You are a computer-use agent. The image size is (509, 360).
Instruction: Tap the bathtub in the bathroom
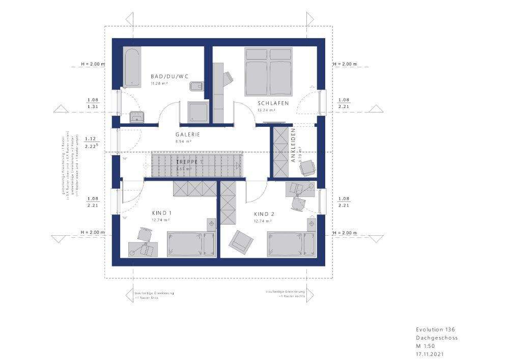pyautogui.click(x=132, y=67)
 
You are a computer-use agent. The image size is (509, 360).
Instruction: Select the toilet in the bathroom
pyautogui.click(x=194, y=86)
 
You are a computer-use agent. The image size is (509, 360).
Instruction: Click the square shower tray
pyautogui.click(x=197, y=112)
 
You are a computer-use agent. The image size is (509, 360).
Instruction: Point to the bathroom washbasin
pyautogui.click(x=136, y=118)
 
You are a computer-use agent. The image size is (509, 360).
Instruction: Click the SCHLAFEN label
pyautogui.click(x=273, y=103)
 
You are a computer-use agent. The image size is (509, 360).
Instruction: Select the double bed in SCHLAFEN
pyautogui.click(x=269, y=72)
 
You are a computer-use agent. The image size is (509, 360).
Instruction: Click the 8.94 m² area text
pyautogui.click(x=183, y=142)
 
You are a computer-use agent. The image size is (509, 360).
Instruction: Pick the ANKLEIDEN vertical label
pyautogui.click(x=293, y=145)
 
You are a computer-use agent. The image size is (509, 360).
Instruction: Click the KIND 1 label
pyautogui.click(x=162, y=213)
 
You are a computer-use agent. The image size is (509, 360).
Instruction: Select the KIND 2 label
pyautogui.click(x=264, y=214)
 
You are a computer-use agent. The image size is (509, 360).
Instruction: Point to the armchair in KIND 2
pyautogui.click(x=240, y=241)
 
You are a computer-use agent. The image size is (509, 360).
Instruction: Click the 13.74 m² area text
pyautogui.click(x=266, y=110)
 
